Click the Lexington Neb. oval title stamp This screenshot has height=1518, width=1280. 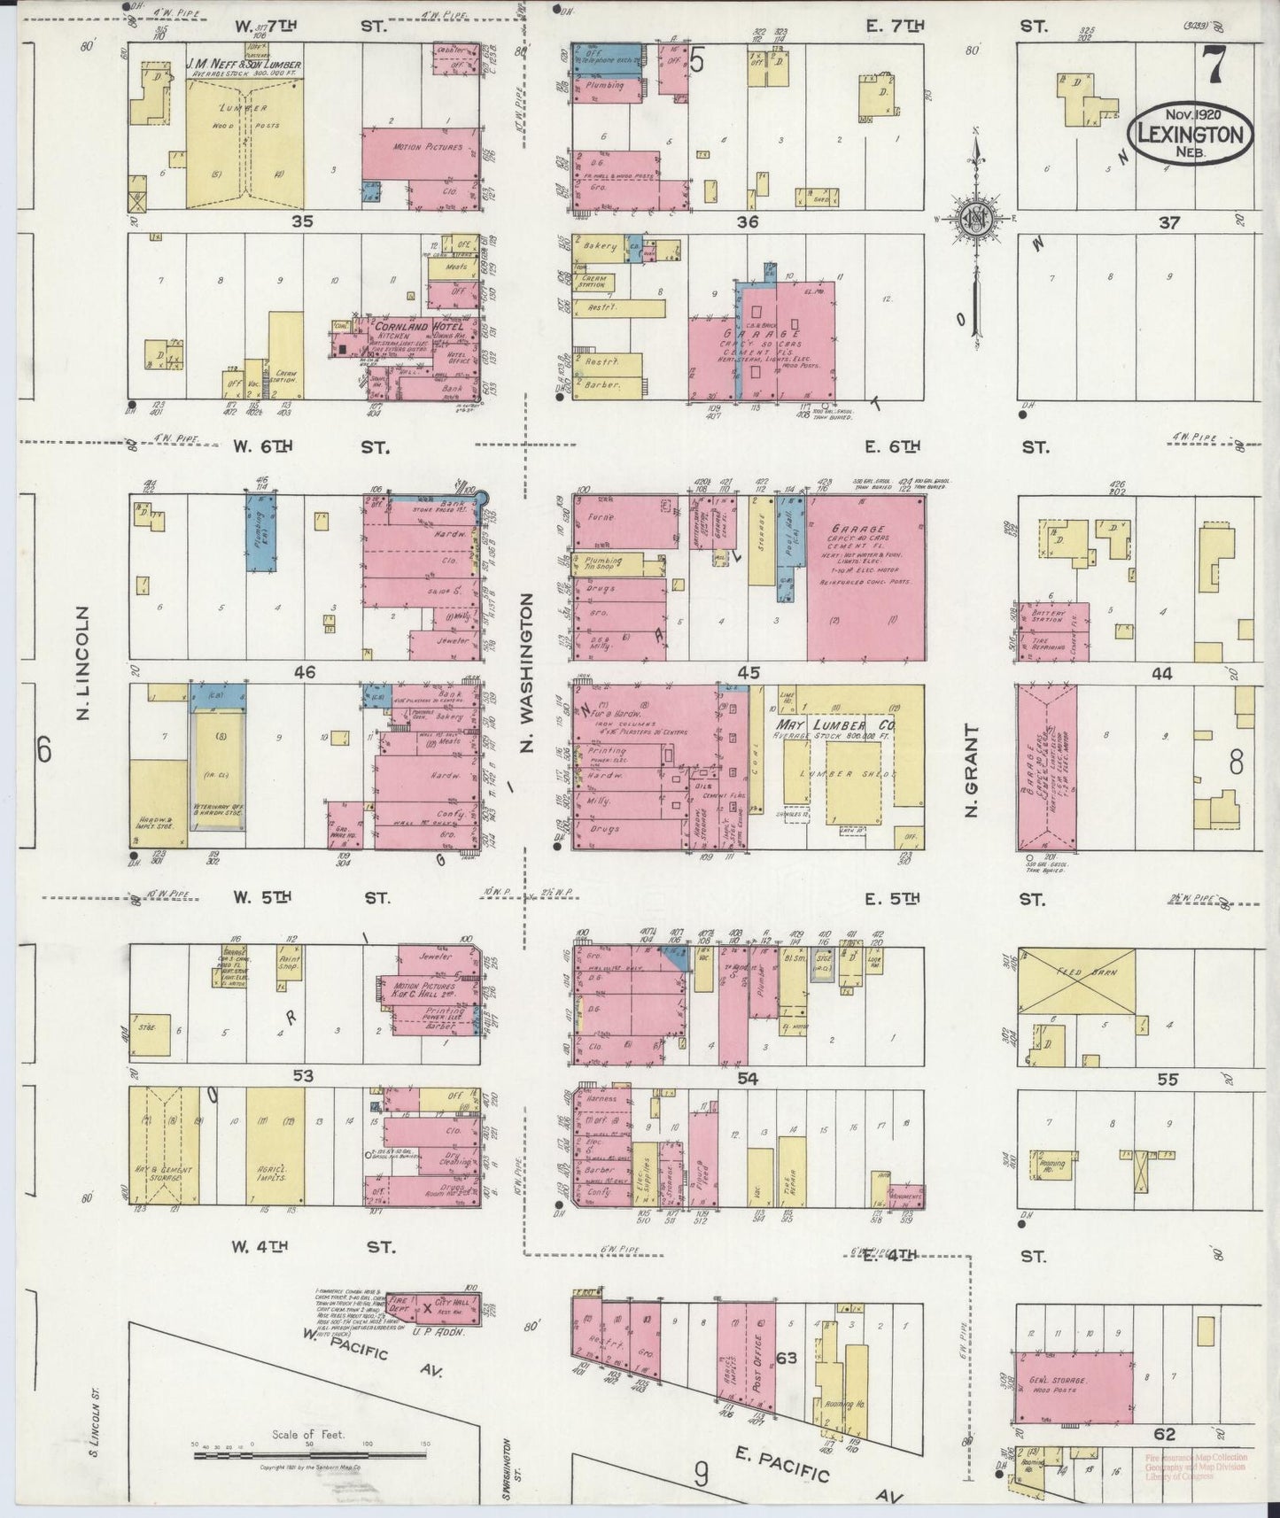click(1190, 130)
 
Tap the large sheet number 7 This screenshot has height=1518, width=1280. click(1213, 66)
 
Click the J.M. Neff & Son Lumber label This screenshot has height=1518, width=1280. click(245, 65)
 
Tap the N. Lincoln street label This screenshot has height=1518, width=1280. click(84, 662)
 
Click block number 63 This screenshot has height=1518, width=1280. click(786, 1358)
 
